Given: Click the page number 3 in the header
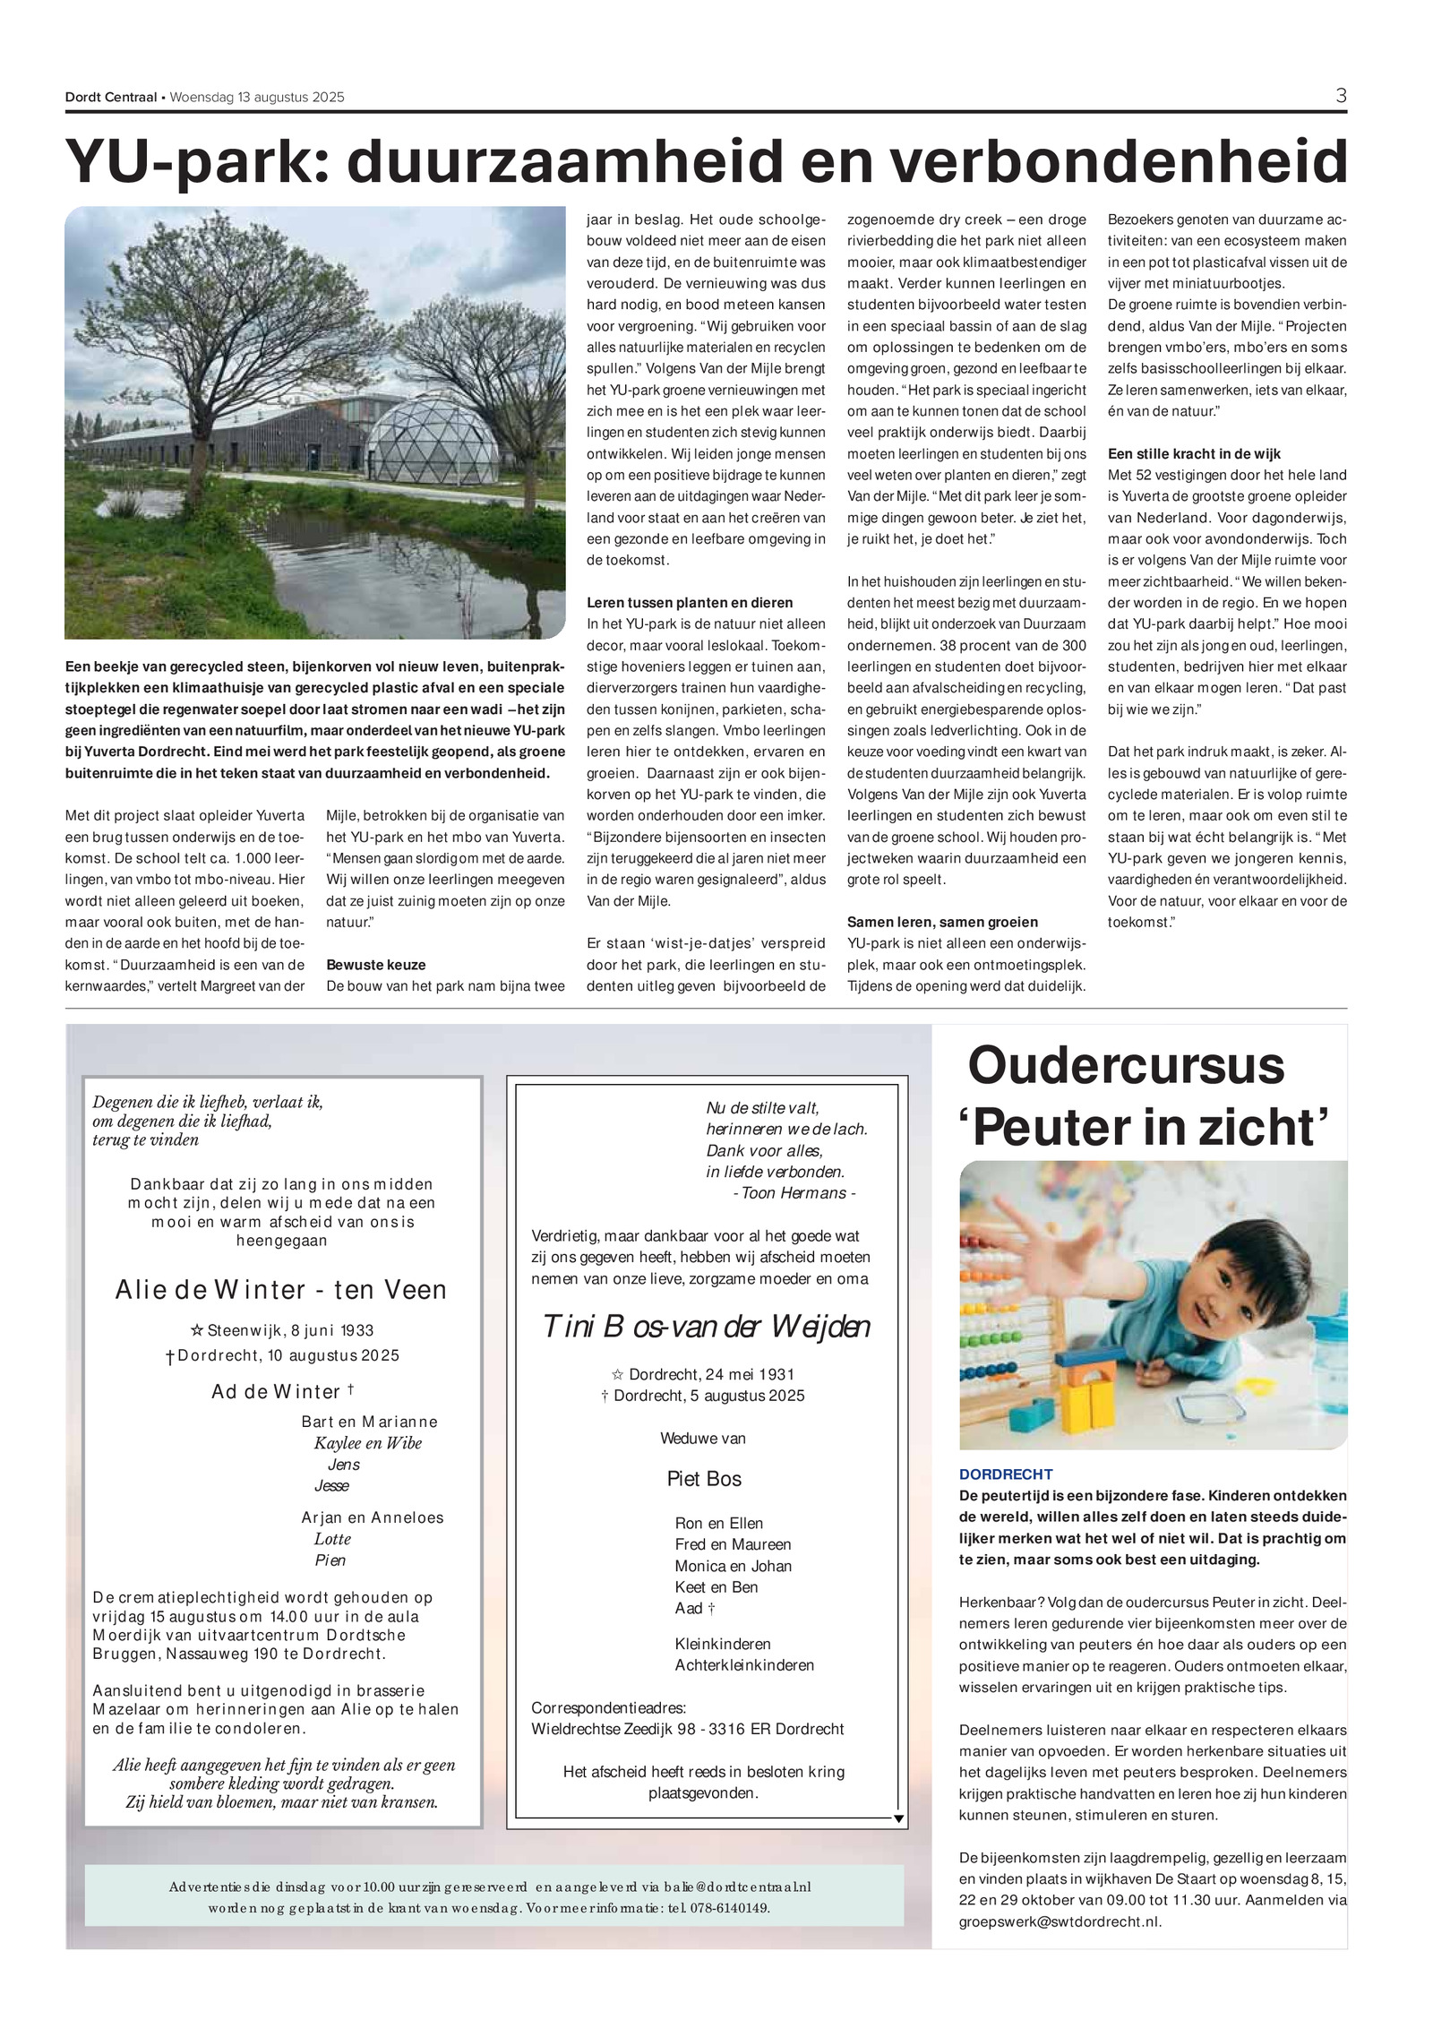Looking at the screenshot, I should pos(1341,96).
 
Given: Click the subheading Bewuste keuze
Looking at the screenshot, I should pos(376,965).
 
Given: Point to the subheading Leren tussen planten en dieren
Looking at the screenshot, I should pos(690,603).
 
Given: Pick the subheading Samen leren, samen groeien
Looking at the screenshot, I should pos(942,922).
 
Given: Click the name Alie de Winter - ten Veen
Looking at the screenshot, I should pos(280,1290).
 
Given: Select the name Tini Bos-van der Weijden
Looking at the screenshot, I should pos(706,1327).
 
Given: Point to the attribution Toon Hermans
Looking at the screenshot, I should pos(794,1193).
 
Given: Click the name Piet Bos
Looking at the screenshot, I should pos(704,1479).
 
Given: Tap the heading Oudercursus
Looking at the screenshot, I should pos(1126,1065).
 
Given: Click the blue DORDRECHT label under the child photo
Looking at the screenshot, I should pos(1006,1474).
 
